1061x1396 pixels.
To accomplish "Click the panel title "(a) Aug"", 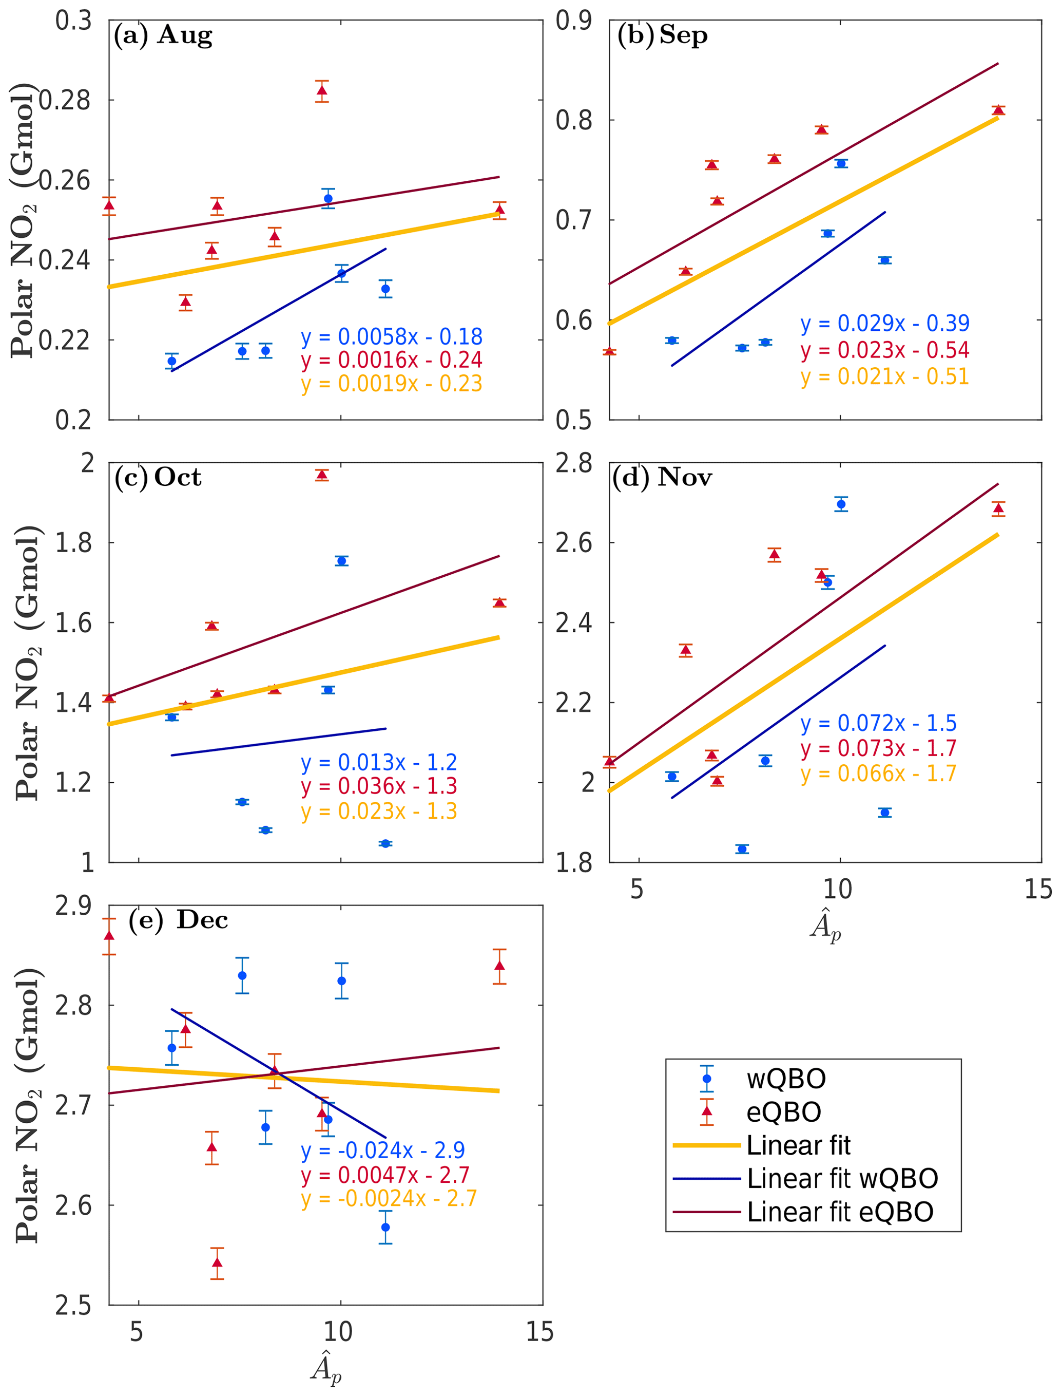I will pos(163,35).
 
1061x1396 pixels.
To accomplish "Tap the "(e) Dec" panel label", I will pos(178,920).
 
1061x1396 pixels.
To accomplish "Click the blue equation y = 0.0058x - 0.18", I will pos(392,337).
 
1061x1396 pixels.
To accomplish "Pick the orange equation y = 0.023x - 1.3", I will pos(379,811).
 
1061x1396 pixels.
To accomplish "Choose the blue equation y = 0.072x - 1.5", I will pos(878,723).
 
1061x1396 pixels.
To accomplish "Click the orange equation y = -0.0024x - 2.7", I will pos(389,1198).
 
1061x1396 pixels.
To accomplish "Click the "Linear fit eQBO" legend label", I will pos(840,1212).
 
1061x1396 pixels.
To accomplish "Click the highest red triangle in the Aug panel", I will pos(322,91).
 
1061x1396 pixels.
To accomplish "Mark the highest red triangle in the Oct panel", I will pos(322,475).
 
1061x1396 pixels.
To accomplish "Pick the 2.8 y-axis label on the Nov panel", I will pos(574,463).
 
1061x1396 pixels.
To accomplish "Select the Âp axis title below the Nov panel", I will pos(826,926).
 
